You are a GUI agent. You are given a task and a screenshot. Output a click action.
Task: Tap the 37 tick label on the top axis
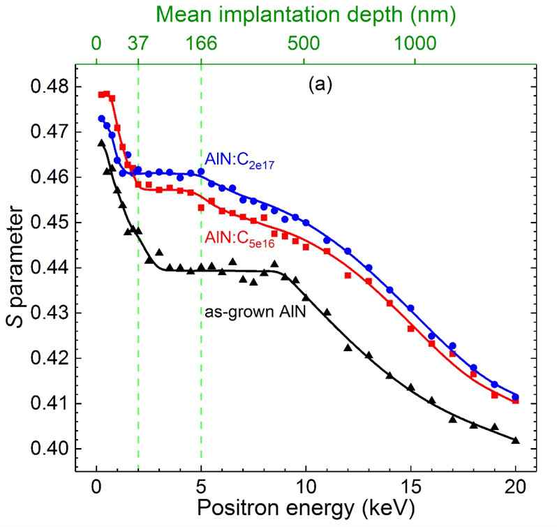pyautogui.click(x=138, y=43)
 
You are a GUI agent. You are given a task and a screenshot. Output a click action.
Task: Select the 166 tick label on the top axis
pyautogui.click(x=201, y=43)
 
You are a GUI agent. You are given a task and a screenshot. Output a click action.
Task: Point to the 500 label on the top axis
pyautogui.click(x=304, y=43)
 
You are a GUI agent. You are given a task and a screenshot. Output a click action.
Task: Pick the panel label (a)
pyautogui.click(x=320, y=85)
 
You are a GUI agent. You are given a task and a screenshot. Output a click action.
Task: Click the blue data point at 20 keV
pyautogui.click(x=516, y=396)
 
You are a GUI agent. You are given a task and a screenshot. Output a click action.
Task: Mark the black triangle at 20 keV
pyautogui.click(x=516, y=439)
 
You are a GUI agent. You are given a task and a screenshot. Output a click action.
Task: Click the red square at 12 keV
pyautogui.click(x=348, y=276)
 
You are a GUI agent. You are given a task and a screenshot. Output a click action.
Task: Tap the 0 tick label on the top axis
pyautogui.click(x=96, y=43)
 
